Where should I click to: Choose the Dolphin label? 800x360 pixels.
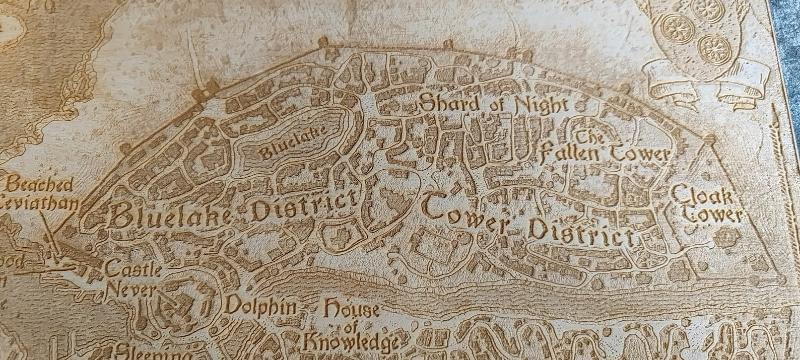260,305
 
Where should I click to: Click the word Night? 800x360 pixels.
541,105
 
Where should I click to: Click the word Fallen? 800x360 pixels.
567,153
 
